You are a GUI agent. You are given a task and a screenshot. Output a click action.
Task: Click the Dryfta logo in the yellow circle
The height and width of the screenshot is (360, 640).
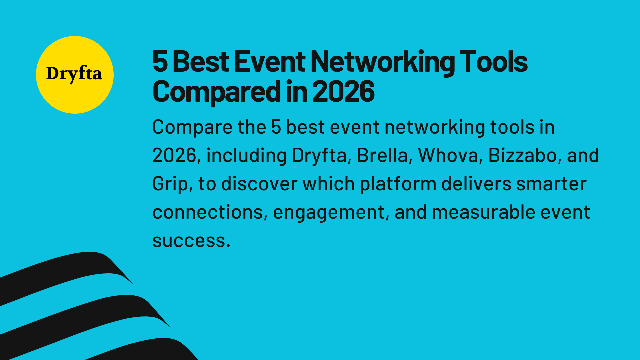(x=74, y=74)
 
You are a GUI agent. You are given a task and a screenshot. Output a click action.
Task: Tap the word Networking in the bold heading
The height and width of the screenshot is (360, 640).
(x=383, y=62)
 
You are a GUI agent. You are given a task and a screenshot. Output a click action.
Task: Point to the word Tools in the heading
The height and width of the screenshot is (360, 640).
(x=494, y=62)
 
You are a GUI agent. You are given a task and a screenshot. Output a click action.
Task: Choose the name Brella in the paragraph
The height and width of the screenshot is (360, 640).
(x=382, y=156)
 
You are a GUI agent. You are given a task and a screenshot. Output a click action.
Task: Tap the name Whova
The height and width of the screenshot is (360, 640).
(x=448, y=156)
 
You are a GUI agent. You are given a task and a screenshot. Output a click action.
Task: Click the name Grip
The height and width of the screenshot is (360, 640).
(x=169, y=184)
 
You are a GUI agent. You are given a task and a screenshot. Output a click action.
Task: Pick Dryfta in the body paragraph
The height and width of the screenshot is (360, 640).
(x=319, y=156)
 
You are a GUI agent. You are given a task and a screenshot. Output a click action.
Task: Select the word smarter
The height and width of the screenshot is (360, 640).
(x=551, y=184)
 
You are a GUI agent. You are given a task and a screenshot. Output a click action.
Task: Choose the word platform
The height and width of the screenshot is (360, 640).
(x=398, y=184)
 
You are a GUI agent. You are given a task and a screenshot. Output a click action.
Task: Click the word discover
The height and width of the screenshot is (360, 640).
(x=259, y=184)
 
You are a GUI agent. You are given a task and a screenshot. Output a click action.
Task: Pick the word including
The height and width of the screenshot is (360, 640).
(x=246, y=156)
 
